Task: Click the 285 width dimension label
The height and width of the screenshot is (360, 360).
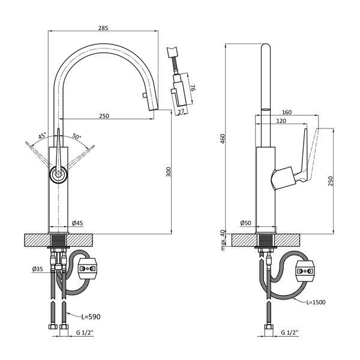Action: (x=103, y=28)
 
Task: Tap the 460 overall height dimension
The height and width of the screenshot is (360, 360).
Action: (x=223, y=138)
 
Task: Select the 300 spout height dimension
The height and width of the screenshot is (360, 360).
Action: (x=169, y=172)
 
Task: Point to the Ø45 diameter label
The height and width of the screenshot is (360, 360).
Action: (x=77, y=223)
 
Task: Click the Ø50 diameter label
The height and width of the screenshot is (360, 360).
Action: (x=245, y=223)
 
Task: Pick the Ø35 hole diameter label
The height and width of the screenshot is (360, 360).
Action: (x=38, y=269)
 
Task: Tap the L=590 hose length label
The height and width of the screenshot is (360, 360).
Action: (x=91, y=317)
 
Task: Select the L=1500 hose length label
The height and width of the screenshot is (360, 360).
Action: (x=316, y=302)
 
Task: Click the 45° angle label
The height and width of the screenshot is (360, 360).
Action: (x=42, y=136)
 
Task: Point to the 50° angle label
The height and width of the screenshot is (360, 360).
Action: (x=77, y=136)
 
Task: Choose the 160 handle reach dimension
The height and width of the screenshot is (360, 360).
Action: (x=287, y=112)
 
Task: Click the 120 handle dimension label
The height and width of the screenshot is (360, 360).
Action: (x=281, y=121)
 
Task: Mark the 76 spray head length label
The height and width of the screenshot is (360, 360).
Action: (x=193, y=88)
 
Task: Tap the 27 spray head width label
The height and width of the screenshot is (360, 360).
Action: (x=181, y=112)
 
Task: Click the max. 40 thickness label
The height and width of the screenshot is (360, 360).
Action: (x=223, y=240)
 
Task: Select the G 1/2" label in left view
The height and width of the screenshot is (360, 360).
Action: (x=85, y=332)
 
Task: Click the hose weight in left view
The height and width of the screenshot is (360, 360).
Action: (x=87, y=268)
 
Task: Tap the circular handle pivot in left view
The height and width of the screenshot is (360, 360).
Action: (x=58, y=175)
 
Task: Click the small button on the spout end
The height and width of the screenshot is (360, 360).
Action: (x=145, y=95)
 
